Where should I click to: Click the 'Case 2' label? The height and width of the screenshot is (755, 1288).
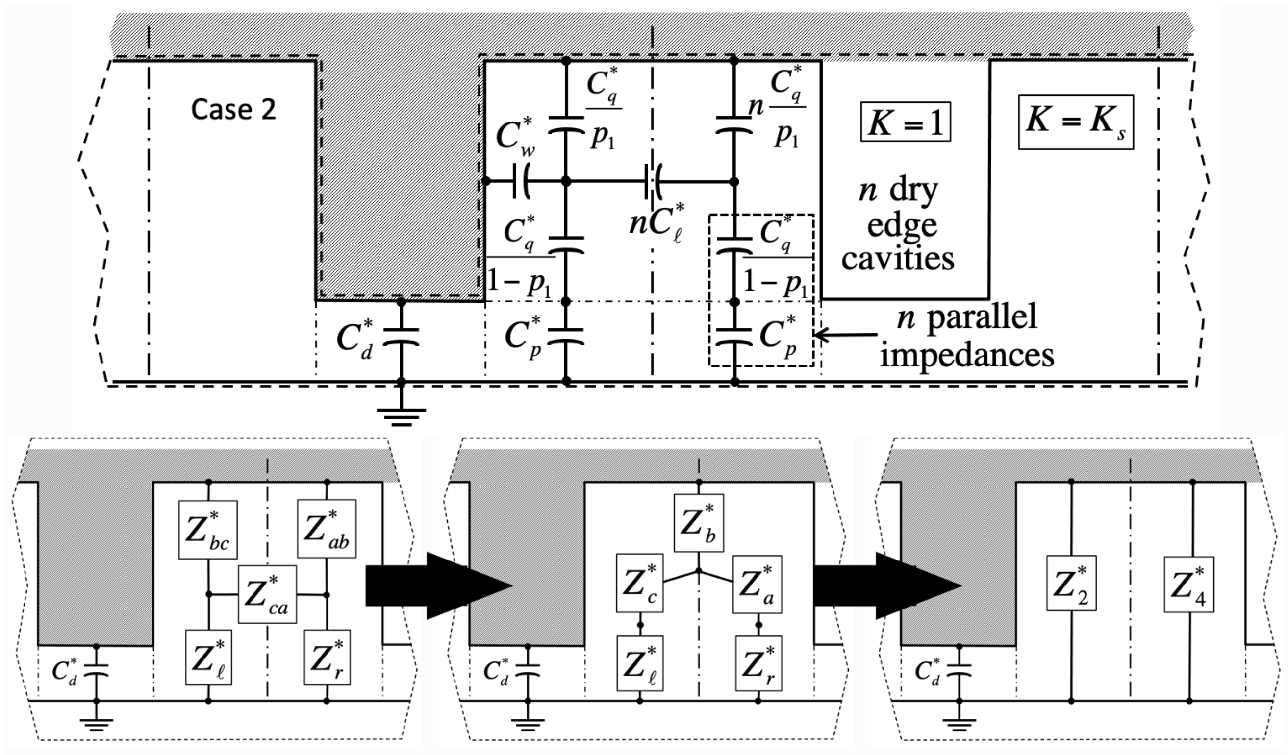click(x=233, y=109)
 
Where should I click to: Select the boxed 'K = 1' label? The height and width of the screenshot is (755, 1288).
click(x=905, y=122)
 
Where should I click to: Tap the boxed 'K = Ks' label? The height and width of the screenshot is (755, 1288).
click(x=1075, y=122)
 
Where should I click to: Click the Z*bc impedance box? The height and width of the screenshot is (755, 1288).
click(x=207, y=529)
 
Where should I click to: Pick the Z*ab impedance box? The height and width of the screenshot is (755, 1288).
click(x=327, y=529)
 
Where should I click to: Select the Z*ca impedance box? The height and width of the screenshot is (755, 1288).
click(x=267, y=594)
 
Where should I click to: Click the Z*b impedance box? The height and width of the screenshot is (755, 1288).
click(x=699, y=523)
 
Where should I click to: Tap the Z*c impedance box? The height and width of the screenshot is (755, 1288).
click(x=639, y=584)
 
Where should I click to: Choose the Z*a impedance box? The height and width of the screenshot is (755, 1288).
click(x=757, y=584)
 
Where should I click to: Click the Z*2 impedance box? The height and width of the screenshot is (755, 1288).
click(x=1071, y=583)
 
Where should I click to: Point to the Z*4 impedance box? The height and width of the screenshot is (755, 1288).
click(x=1189, y=584)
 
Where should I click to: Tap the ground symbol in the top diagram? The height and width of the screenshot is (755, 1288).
click(x=401, y=416)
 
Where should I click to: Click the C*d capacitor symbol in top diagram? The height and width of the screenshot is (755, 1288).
click(x=401, y=337)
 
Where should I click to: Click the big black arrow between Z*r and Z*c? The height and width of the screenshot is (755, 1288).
click(x=438, y=585)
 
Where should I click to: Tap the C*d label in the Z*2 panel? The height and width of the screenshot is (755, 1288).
click(x=928, y=671)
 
